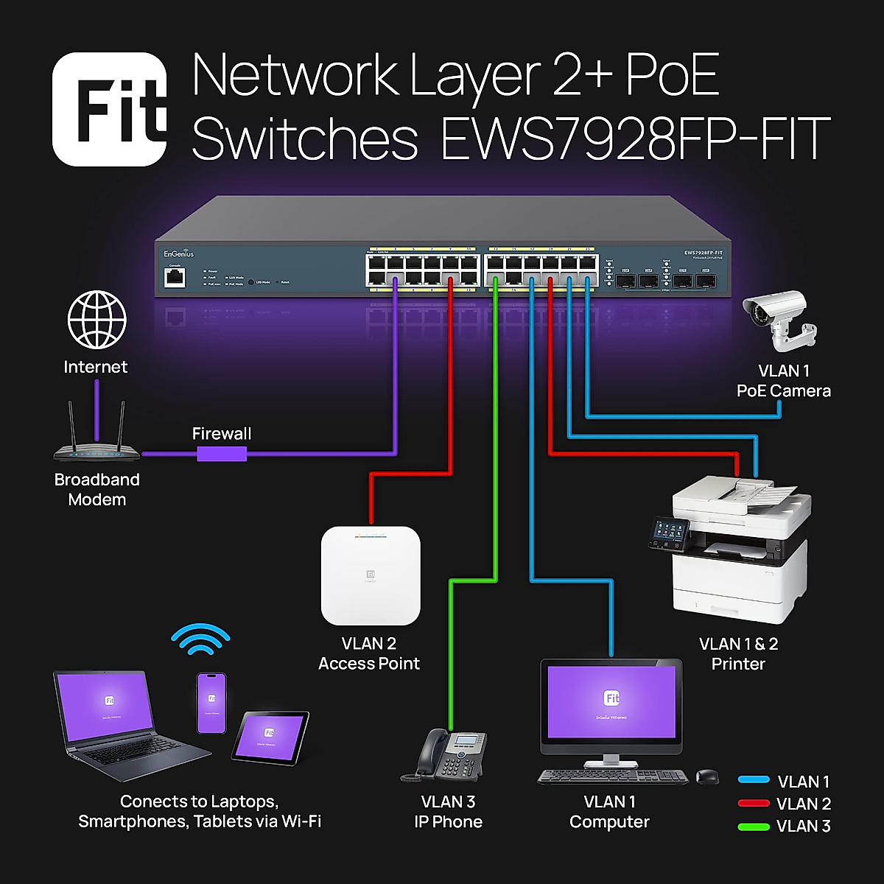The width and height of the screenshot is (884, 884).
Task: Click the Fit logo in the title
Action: (110, 109)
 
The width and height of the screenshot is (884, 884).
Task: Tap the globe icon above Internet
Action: (97, 320)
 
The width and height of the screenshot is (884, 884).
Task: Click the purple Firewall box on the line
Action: (221, 454)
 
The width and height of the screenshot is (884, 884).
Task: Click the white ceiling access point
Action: (371, 575)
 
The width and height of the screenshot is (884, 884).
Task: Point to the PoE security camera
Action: (778, 320)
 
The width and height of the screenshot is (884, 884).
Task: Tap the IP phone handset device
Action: (444, 755)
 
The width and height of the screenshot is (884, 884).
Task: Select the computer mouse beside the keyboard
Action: (707, 776)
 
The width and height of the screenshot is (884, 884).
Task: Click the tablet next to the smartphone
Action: (270, 737)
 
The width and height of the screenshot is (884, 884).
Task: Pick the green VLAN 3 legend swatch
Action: (754, 827)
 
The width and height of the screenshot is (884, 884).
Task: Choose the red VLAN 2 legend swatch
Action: (754, 804)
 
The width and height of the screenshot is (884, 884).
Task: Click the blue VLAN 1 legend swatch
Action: (754, 780)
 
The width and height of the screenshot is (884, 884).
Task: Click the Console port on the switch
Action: (175, 278)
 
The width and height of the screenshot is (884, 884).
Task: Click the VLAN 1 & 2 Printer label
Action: (738, 653)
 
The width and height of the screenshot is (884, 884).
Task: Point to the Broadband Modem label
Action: (97, 489)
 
